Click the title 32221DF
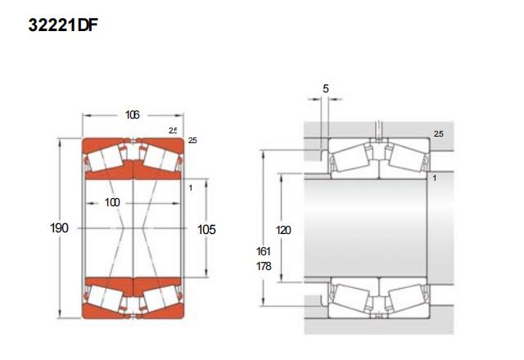coord(63,25)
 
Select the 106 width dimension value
coord(132,115)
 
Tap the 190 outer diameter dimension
coord(59,228)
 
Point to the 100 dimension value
coord(112,202)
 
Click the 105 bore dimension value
coord(206,229)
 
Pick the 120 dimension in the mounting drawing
coord(283,230)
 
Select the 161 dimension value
coord(264,251)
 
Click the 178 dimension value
coord(264,266)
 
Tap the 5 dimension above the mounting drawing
coord(326,88)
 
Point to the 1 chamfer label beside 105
coord(191,188)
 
